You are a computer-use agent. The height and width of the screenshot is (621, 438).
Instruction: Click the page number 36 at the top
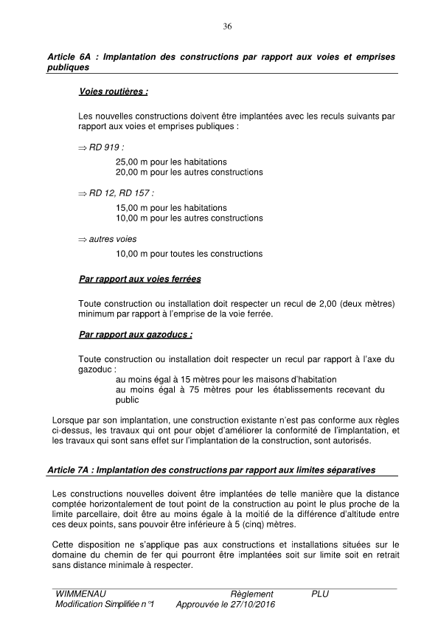227,27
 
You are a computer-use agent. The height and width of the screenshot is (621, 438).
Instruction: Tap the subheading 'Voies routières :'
113,93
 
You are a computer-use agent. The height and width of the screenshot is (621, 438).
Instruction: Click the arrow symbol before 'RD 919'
82,148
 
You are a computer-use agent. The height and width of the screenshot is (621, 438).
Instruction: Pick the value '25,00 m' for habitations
132,162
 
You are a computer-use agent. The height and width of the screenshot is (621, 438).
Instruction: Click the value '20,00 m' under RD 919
132,172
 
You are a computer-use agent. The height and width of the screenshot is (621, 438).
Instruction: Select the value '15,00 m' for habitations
132,208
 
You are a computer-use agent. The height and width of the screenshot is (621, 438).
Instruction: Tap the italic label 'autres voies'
113,239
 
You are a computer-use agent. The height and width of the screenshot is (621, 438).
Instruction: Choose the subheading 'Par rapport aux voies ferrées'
139,280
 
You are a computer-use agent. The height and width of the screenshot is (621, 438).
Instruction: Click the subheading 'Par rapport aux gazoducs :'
136,334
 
